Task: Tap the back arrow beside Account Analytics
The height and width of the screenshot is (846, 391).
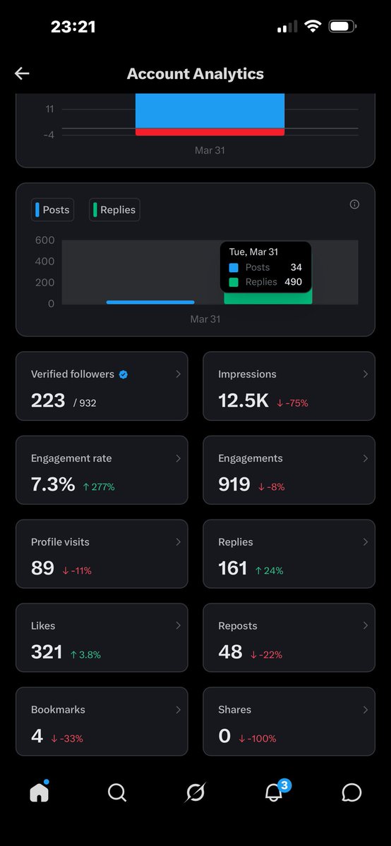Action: click(x=22, y=73)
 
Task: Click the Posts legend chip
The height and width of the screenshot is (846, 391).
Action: click(x=52, y=209)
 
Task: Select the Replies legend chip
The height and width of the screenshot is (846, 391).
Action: click(x=114, y=209)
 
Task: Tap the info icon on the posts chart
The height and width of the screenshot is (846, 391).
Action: click(x=354, y=204)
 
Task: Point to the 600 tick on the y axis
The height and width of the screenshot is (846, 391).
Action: click(x=45, y=240)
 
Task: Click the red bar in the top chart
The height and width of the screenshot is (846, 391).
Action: click(x=210, y=132)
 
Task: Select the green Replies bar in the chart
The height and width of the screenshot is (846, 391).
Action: click(x=268, y=297)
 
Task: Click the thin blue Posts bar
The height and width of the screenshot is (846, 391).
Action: click(x=150, y=302)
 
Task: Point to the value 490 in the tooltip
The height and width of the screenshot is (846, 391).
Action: click(x=294, y=282)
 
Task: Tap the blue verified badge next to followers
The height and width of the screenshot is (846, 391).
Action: click(x=124, y=374)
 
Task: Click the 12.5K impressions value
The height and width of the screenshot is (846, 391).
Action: click(x=243, y=400)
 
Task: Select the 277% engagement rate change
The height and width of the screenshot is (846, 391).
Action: click(x=99, y=487)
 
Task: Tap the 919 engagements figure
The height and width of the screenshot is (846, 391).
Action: click(x=234, y=484)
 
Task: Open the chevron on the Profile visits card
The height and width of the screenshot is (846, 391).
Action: click(x=178, y=542)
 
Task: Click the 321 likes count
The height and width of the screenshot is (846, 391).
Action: click(x=47, y=652)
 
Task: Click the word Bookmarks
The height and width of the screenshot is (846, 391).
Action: click(x=58, y=710)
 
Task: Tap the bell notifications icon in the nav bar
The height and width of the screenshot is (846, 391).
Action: click(x=273, y=792)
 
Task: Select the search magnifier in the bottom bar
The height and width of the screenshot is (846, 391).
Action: click(x=117, y=792)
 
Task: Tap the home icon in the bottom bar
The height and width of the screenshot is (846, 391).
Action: click(x=39, y=792)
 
